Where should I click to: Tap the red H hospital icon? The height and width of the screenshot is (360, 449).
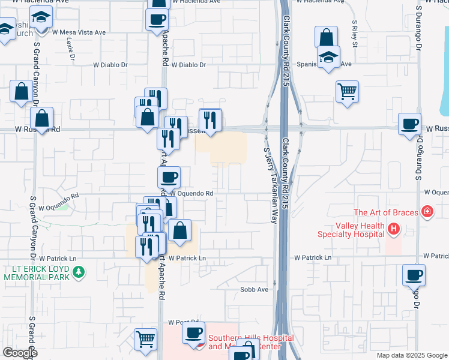pyautogui.click(x=394, y=229)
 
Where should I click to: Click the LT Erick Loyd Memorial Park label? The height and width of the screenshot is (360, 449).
pyautogui.click(x=37, y=273)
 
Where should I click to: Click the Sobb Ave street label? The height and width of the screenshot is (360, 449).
pyautogui.click(x=254, y=289)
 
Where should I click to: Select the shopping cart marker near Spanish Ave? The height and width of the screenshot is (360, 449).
pyautogui.click(x=347, y=92)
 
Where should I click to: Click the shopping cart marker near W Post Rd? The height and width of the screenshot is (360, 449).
pyautogui.click(x=145, y=340)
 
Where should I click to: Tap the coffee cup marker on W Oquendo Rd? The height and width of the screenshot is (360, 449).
pyautogui.click(x=169, y=177)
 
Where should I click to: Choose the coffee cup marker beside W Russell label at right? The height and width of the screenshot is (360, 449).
pyautogui.click(x=410, y=124)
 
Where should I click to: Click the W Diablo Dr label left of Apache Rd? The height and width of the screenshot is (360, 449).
pyautogui.click(x=110, y=65)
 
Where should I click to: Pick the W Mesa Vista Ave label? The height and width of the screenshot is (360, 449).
pyautogui.click(x=79, y=32)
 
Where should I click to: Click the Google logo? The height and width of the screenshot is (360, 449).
pyautogui.click(x=20, y=353)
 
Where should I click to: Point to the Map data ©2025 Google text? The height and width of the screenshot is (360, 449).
pyautogui.click(x=412, y=355)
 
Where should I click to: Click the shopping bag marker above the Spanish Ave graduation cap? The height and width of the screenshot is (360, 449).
pyautogui.click(x=325, y=37)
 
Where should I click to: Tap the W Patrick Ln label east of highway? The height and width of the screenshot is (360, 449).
pyautogui.click(x=312, y=257)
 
